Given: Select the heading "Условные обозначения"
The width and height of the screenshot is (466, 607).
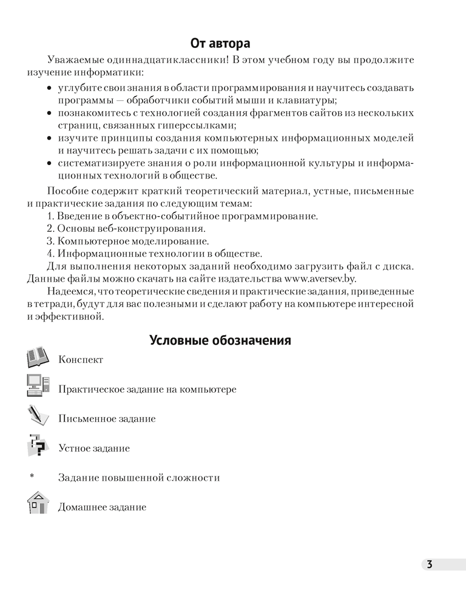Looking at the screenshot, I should (x=220, y=341).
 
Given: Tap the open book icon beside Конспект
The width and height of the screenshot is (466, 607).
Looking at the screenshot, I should (x=40, y=359).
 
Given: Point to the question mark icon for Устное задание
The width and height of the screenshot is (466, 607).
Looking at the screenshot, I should (x=39, y=447).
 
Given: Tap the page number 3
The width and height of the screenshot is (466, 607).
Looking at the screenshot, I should (x=429, y=565).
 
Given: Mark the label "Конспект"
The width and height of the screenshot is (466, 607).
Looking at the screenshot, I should (x=81, y=360).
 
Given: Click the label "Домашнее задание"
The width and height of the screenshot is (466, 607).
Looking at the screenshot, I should (x=102, y=507).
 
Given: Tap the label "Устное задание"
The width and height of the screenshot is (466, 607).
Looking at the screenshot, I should (x=94, y=449).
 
